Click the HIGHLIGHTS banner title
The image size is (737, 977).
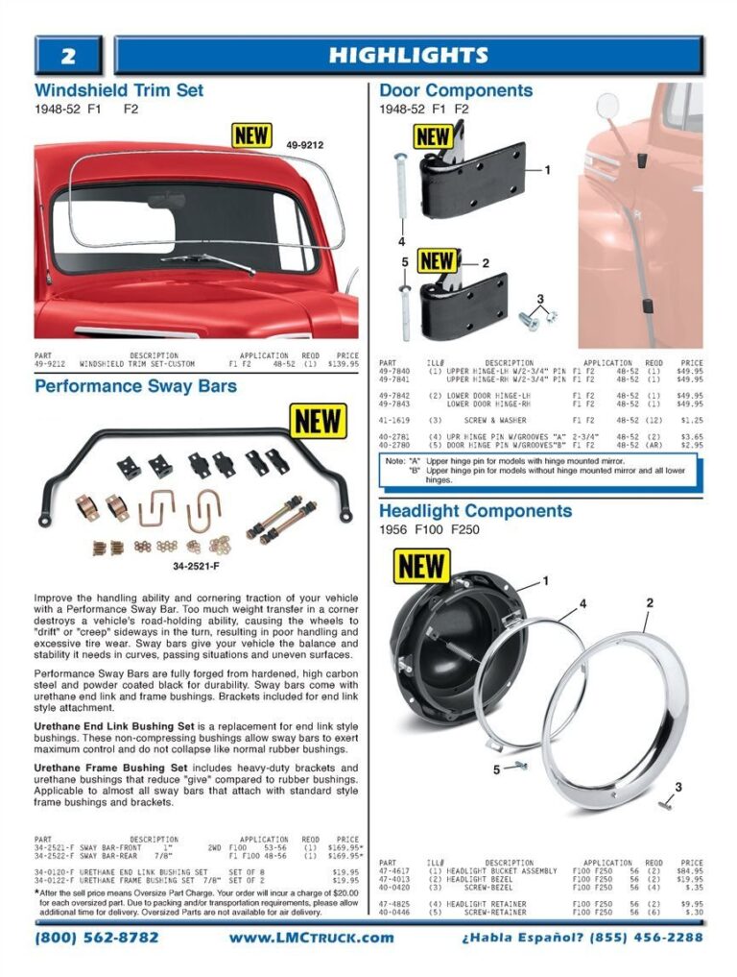(x=408, y=56)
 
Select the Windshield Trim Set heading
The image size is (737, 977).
(x=119, y=90)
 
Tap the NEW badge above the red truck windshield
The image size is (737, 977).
(x=251, y=134)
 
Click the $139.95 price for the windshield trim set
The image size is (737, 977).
(x=343, y=365)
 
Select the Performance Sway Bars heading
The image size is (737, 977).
(x=135, y=387)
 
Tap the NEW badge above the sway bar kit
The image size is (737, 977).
(x=318, y=421)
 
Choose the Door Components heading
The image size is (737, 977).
(x=456, y=90)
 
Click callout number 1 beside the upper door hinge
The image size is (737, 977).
(x=547, y=170)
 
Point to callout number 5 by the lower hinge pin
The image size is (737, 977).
(x=405, y=261)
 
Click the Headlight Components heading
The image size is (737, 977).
(x=475, y=511)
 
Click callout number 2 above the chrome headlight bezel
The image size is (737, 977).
(x=650, y=603)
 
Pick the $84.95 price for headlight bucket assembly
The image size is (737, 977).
(x=689, y=871)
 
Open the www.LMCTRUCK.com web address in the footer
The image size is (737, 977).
(x=311, y=937)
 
